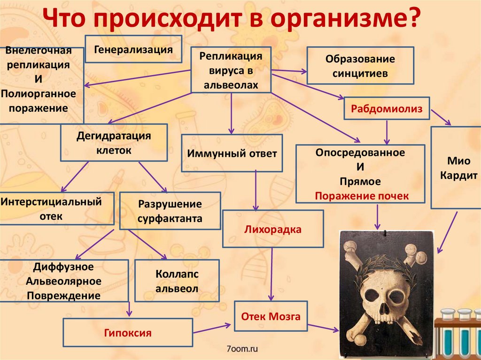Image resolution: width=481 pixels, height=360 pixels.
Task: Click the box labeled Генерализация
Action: tap(133, 49)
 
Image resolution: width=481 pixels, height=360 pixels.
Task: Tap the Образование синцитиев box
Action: tap(360, 66)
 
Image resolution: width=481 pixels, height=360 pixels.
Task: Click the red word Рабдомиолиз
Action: tap(387, 109)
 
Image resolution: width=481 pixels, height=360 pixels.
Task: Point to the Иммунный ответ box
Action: tap(232, 153)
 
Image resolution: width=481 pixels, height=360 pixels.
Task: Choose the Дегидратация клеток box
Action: tap(113, 143)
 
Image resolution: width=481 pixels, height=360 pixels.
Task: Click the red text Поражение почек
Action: tap(362, 196)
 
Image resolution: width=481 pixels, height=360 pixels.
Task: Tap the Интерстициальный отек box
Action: tap(51, 209)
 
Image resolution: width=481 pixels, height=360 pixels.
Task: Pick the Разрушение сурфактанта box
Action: tap(170, 211)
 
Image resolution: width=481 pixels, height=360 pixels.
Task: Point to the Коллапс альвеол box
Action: tap(177, 281)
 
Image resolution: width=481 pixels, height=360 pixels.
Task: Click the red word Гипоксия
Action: tap(128, 333)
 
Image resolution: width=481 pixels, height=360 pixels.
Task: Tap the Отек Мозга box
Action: tap(271, 317)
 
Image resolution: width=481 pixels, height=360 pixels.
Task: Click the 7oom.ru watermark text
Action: tap(242, 349)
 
